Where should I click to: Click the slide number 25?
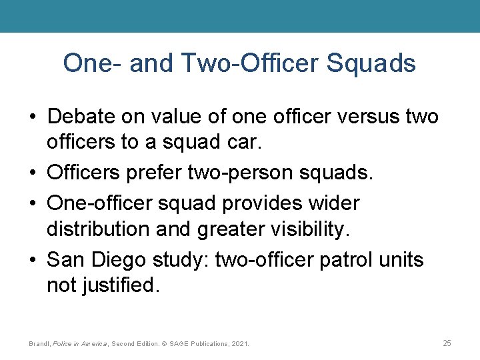coord(447,343)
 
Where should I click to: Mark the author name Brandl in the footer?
coord(40,344)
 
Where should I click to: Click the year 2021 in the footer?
coord(238,344)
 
